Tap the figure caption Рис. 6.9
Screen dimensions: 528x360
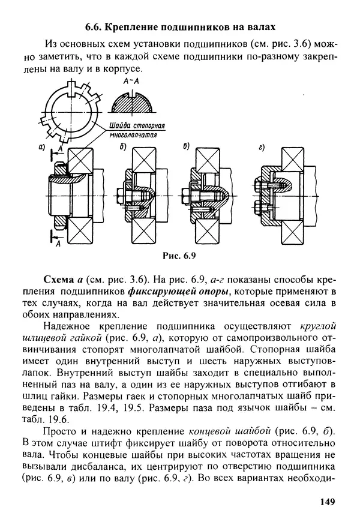coord(180,255)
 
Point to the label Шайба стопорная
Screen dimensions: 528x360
coord(137,127)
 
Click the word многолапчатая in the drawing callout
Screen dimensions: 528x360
coord(136,136)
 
